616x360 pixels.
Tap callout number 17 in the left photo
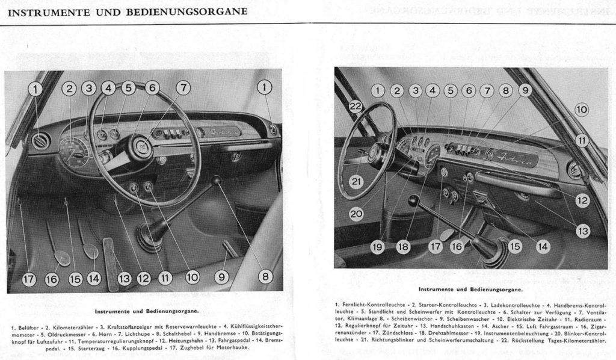[29, 279]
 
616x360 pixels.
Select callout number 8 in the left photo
[265, 276]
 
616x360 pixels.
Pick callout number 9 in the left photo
[222, 277]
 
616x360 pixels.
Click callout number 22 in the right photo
[356, 107]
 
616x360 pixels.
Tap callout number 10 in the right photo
[582, 110]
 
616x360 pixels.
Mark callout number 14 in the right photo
[543, 246]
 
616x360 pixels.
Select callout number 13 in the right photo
[582, 229]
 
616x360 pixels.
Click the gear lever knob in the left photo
[216, 180]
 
